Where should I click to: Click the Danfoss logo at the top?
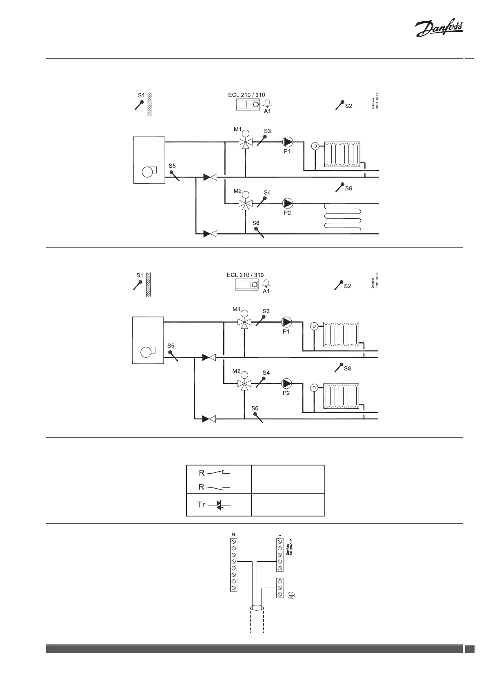439,30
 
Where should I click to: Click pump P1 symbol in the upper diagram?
288,142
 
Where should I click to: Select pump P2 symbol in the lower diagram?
287,383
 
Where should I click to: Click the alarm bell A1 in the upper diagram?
267,103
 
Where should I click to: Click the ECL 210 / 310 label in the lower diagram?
245,275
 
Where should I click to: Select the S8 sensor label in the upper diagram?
348,188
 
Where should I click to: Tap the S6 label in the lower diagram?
255,408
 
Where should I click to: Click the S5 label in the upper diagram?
172,166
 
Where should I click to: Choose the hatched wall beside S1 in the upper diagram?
150,104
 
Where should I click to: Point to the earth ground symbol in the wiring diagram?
291,595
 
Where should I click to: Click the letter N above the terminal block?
233,534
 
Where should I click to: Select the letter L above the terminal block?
280,534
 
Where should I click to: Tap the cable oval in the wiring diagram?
257,608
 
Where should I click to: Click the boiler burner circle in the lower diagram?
145,352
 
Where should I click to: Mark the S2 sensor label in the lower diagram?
347,286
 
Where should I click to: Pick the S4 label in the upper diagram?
267,192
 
